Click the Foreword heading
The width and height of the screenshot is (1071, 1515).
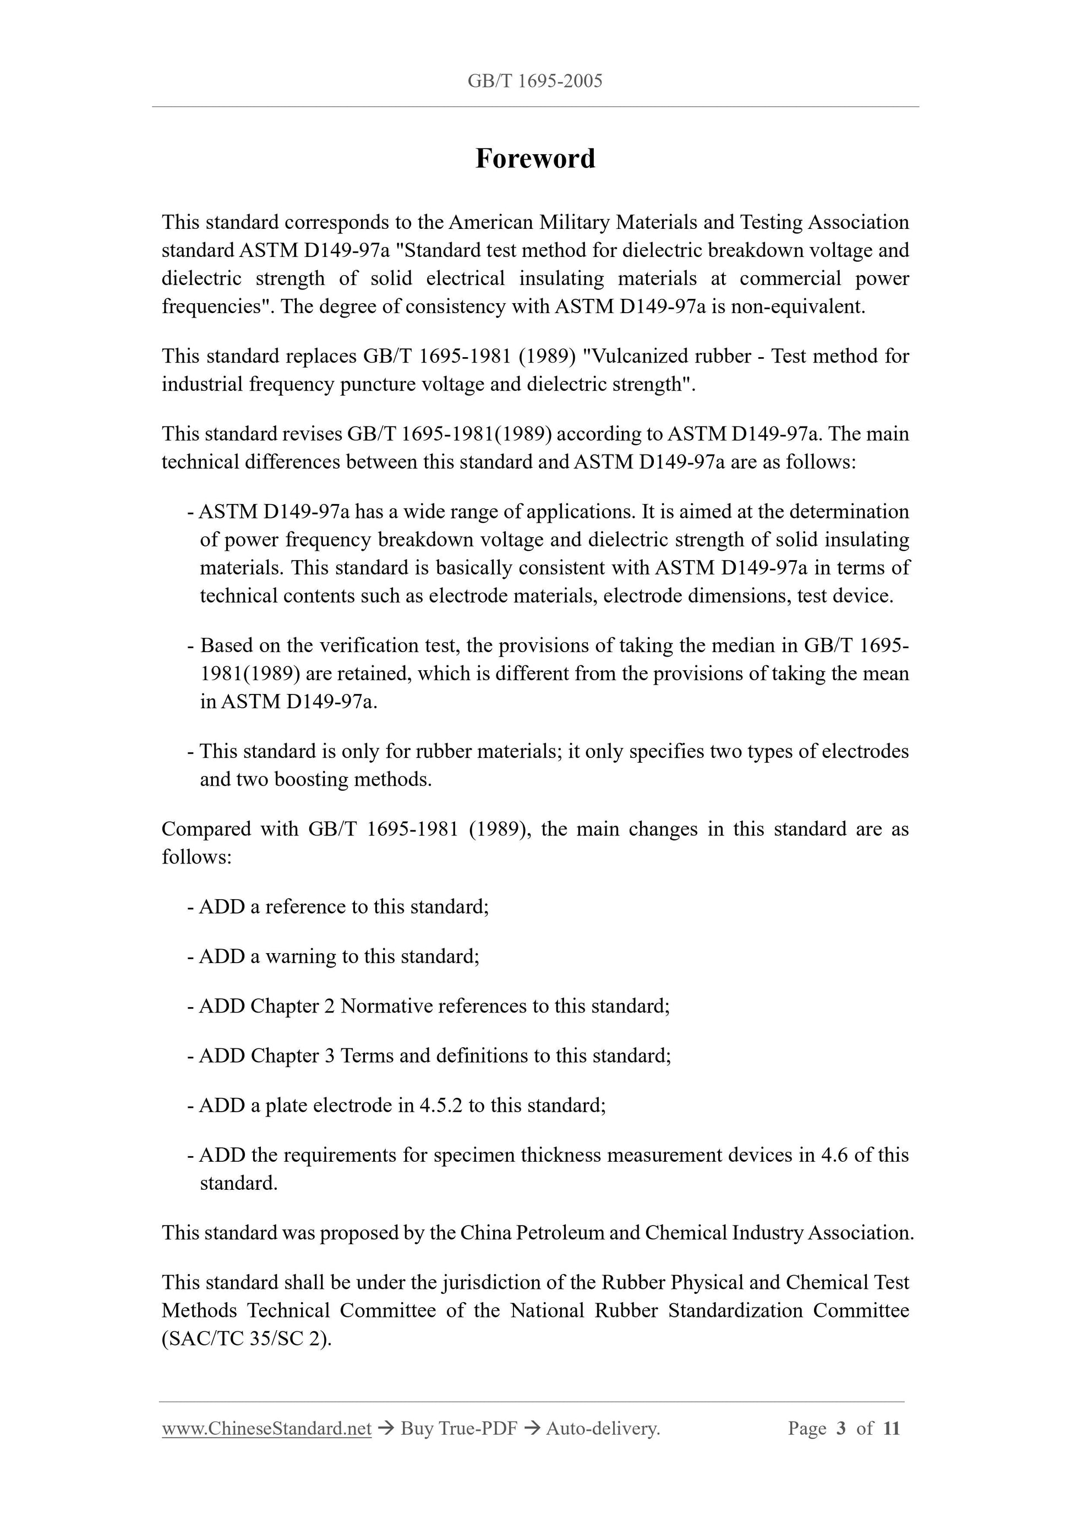[x=535, y=159]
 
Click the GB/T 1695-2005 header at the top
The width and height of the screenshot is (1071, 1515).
[x=534, y=81]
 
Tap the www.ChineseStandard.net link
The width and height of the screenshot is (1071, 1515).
[x=266, y=1429]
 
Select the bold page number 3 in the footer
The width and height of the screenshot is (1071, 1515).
[x=841, y=1429]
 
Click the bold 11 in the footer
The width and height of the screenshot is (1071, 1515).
[x=891, y=1429]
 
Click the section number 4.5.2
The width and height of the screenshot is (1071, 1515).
[x=441, y=1105]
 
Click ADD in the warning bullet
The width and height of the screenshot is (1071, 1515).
[x=222, y=956]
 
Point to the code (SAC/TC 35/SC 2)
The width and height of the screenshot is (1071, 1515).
[x=246, y=1338]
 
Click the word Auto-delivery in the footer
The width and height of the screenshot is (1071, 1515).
[x=602, y=1429]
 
